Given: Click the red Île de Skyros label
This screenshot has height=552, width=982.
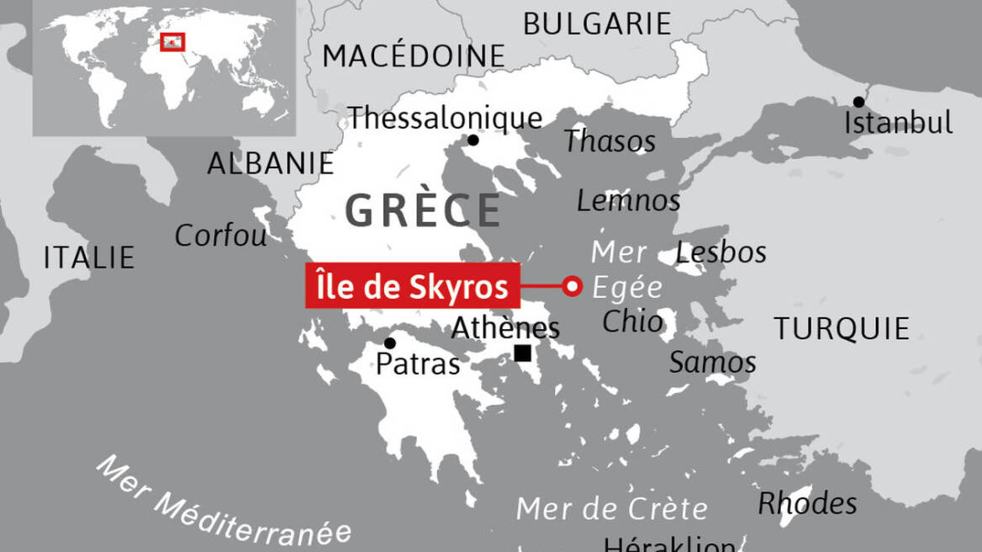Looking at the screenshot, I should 412,286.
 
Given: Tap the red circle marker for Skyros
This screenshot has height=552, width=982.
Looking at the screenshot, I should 573,286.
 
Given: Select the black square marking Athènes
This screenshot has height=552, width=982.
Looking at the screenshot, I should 523,353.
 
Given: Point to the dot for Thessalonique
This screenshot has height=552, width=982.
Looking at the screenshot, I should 473,140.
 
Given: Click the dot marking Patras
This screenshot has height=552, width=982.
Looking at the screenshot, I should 390,342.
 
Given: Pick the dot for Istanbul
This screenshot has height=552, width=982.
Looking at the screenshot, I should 858,102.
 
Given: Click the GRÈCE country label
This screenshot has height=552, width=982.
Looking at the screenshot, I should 423,210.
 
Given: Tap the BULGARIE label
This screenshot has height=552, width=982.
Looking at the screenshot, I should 597,24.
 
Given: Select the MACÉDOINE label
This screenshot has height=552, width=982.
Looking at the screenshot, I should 414,56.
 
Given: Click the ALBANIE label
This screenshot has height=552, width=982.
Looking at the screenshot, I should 271,163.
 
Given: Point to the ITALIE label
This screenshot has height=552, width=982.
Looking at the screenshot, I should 89,257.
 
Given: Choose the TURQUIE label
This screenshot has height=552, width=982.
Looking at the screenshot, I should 842,328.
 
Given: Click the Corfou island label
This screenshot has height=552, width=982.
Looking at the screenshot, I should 220,236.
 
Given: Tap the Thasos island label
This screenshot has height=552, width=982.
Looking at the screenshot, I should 610,141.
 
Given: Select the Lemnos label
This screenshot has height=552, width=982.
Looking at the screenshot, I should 628,200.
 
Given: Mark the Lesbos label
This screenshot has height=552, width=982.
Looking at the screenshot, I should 721,252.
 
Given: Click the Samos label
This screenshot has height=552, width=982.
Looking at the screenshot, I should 712,363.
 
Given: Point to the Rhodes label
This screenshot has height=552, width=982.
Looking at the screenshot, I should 807,503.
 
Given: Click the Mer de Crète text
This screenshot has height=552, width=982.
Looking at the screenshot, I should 611,508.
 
